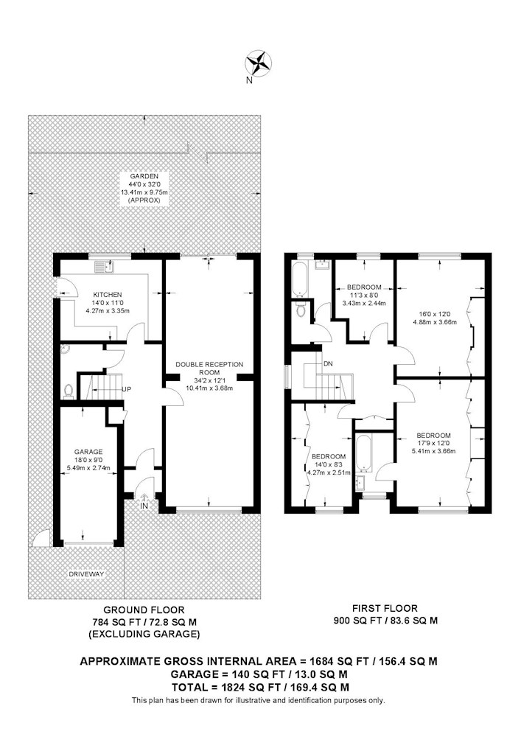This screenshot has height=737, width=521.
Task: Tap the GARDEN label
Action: pos(144,176)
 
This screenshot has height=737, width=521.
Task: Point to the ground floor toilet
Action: pos(69,391)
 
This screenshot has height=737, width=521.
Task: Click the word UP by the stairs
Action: pos(126,390)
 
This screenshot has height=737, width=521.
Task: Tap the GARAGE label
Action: pos(88,453)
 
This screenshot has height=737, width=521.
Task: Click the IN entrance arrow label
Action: pos(144,506)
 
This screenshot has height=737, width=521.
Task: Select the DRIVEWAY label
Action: pos(86,574)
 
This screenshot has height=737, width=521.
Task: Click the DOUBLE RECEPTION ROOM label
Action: pos(209,368)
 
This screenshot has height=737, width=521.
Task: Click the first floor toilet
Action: pos(301,310)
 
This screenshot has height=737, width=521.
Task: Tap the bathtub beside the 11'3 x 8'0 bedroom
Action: pos(299,279)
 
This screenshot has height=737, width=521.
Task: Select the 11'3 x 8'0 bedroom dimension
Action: pos(364,296)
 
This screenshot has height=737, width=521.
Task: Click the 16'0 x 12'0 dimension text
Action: pos(435,314)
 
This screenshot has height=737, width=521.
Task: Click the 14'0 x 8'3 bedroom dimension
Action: pos(329,464)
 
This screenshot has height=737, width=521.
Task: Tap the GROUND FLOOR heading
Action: pos(144,610)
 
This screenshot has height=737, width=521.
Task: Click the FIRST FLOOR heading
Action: pos(385,608)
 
